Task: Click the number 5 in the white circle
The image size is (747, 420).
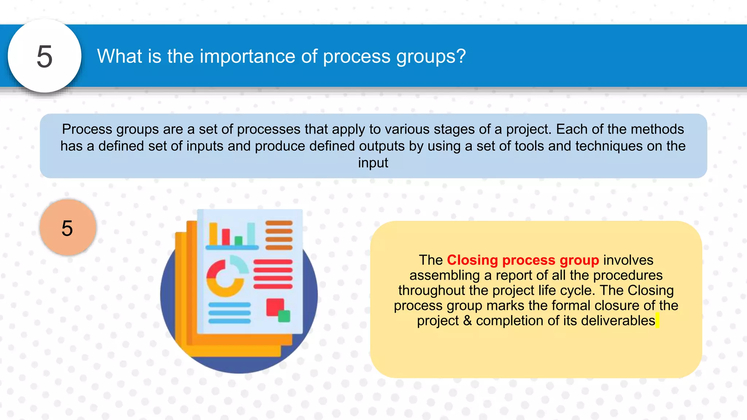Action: [44, 57]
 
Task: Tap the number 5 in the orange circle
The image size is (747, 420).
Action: [67, 228]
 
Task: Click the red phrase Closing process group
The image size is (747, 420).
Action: [523, 260]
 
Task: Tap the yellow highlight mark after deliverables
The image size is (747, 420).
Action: [657, 320]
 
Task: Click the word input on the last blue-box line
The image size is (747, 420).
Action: [373, 163]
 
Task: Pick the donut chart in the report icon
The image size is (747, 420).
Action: [225, 278]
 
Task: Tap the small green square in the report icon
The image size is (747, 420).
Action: [284, 316]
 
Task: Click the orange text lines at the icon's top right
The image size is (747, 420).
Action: [279, 235]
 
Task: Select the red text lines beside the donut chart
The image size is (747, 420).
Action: [273, 274]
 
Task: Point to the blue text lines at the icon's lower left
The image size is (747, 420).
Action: [229, 313]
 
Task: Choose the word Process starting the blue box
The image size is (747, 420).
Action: [87, 129]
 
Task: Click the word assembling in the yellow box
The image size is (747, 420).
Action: [445, 275]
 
